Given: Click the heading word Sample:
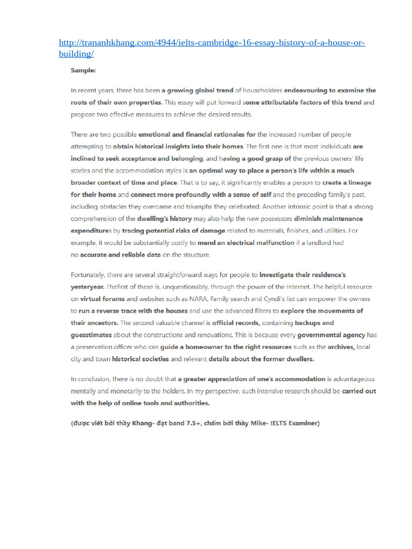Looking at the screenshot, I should tap(83, 70).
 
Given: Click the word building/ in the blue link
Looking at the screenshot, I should tap(76, 54).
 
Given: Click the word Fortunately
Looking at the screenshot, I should tap(89, 274).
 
